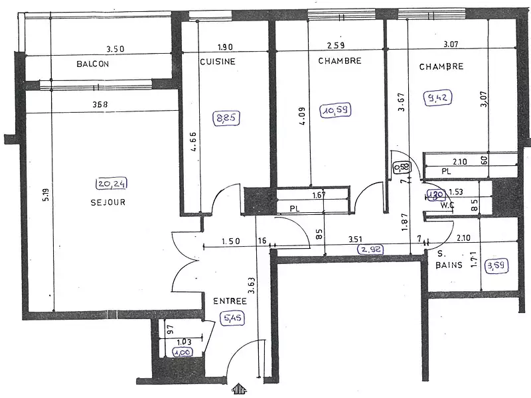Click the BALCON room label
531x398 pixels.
92,64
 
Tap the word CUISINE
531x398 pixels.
217,61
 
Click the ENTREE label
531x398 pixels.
230,301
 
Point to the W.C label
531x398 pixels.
445,204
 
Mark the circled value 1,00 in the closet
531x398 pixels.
182,352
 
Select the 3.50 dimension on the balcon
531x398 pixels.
115,48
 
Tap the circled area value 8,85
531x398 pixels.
226,119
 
